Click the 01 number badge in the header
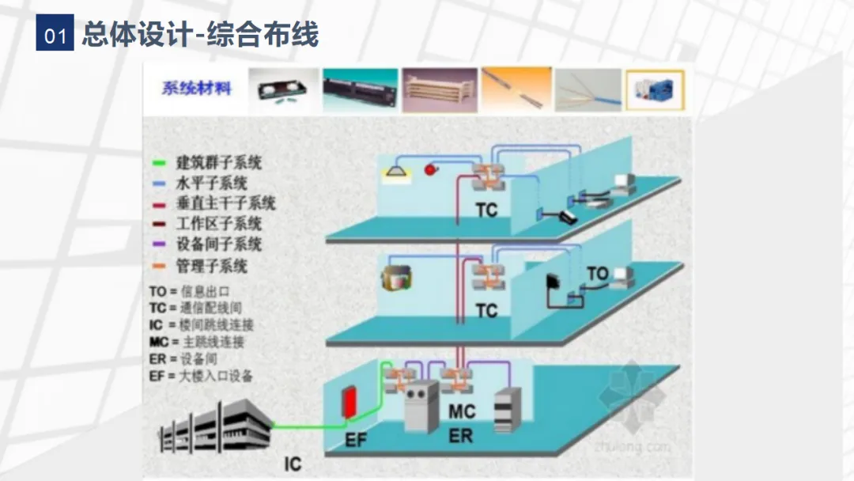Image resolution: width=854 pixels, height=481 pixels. [55, 36]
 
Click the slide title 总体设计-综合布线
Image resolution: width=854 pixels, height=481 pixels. [200, 35]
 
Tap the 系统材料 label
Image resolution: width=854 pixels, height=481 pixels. [197, 89]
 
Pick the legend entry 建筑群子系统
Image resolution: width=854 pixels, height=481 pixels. [218, 164]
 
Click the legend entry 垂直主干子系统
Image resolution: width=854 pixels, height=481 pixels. [225, 203]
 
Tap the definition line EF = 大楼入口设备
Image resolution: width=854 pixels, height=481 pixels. [201, 377]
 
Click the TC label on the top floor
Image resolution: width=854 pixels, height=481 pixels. [486, 210]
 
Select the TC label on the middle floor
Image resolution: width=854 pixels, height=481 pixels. [486, 310]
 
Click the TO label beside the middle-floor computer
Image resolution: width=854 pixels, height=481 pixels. [598, 274]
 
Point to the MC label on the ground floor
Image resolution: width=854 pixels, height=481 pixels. [462, 411]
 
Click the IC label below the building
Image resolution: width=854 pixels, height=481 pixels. [293, 464]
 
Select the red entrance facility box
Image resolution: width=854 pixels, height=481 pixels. [350, 403]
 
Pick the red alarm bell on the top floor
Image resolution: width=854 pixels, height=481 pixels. [431, 169]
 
